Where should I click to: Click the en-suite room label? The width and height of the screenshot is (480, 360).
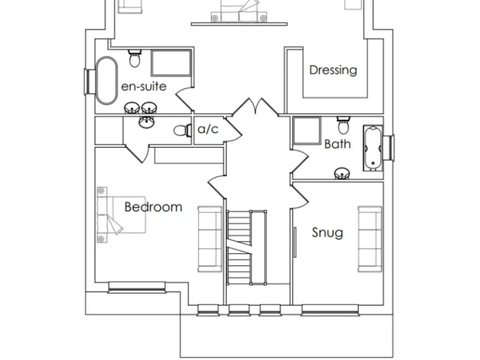144,86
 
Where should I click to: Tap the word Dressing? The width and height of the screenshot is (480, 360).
333,70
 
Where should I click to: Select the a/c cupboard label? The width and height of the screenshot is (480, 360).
207,129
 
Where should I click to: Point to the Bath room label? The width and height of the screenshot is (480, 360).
337,144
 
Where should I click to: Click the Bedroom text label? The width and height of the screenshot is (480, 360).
153,207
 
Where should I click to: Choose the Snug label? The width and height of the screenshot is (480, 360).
327,233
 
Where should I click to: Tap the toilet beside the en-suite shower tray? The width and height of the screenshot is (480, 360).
134,59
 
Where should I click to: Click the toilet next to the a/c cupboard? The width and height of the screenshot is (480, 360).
181,131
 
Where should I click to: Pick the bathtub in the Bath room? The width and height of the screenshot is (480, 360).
372,148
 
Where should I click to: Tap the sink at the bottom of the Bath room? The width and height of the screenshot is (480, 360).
342,173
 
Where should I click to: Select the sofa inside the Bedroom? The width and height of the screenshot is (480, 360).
209,238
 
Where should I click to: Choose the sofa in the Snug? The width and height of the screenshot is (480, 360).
369,239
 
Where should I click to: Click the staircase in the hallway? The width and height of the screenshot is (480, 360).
239,247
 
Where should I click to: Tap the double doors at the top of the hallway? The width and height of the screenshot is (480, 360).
255,107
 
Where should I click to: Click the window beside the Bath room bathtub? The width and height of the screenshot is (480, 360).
390,147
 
